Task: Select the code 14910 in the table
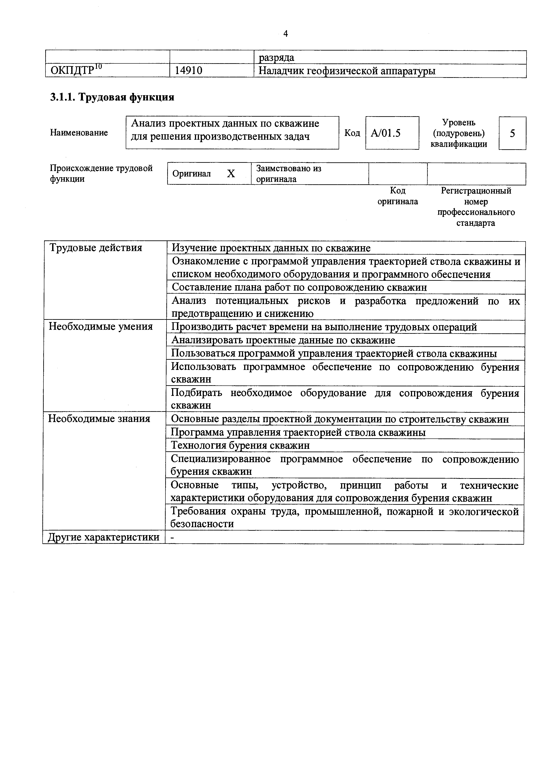(189, 71)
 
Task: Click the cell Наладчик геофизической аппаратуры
(347, 71)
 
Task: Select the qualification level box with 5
(512, 133)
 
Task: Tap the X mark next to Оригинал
(231, 174)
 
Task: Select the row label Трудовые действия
(96, 248)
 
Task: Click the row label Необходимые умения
(101, 327)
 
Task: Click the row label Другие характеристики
(103, 537)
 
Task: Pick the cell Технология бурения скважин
(240, 446)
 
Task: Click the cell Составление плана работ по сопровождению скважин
(299, 288)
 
